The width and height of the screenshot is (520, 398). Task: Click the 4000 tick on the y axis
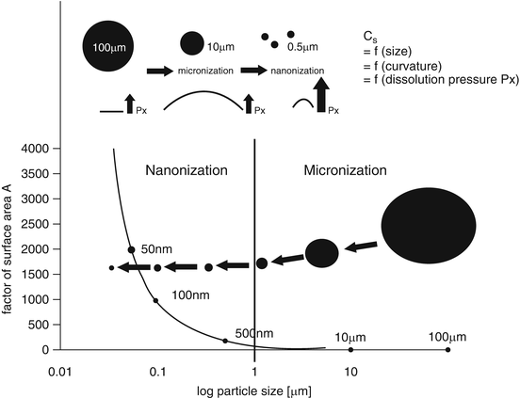[x=42, y=149]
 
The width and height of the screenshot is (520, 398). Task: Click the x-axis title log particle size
[x=255, y=387]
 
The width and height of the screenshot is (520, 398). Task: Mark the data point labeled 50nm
[x=132, y=249]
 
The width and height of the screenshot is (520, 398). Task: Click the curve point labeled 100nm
[x=155, y=300]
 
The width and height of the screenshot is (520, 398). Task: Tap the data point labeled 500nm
[x=225, y=341]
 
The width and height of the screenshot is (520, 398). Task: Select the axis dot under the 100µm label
[x=447, y=349]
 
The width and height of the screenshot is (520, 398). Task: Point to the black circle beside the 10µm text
[x=191, y=42]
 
